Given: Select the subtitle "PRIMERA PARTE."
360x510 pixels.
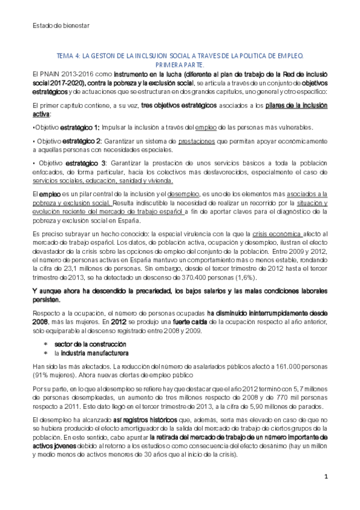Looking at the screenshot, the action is [x=180, y=64].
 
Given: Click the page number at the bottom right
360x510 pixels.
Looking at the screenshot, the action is [x=326, y=477].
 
